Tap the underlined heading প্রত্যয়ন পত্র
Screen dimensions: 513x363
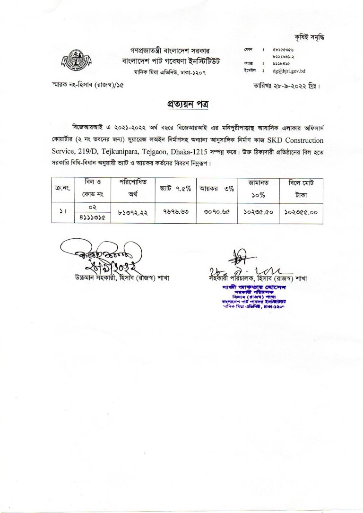(x=181, y=104)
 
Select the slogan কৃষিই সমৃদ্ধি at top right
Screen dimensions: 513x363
(x=310, y=37)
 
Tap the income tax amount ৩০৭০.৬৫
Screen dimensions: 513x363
(x=216, y=213)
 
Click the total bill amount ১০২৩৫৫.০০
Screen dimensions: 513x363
(x=301, y=213)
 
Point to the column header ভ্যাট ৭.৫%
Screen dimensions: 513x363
(x=173, y=188)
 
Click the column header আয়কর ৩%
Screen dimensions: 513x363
(x=216, y=188)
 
